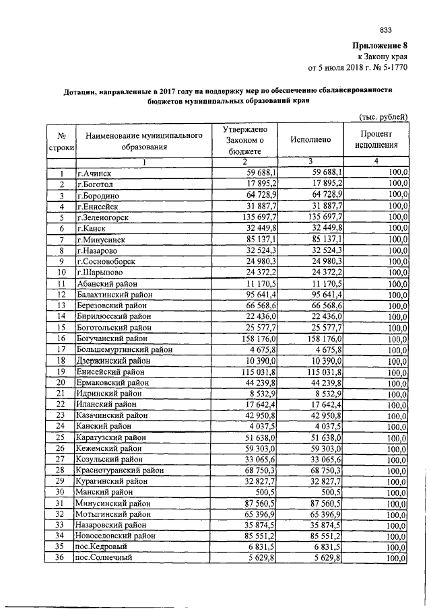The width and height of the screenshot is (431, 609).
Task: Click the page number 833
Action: pyautogui.click(x=386, y=30)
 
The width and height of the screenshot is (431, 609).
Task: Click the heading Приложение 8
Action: pyautogui.click(x=380, y=46)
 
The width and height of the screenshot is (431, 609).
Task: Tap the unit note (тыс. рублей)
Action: pyautogui.click(x=382, y=116)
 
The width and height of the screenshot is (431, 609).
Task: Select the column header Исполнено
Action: pyautogui.click(x=310, y=141)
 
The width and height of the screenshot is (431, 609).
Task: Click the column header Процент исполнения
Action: pyautogui.click(x=376, y=141)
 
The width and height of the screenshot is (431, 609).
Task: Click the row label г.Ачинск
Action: pyautogui.click(x=93, y=174)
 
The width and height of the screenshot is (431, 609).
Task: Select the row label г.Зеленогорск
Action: pyautogui.click(x=103, y=217)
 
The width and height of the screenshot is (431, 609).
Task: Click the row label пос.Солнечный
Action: pyautogui.click(x=104, y=557)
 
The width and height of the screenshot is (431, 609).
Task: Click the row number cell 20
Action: pyautogui.click(x=61, y=382)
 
